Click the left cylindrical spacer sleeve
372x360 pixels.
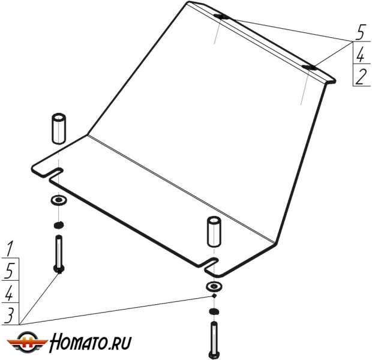[x=59, y=128]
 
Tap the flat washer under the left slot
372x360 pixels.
[x=59, y=200]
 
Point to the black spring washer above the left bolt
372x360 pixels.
[x=59, y=225]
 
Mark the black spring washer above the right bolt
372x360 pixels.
[x=214, y=312]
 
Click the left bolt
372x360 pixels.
[x=59, y=255]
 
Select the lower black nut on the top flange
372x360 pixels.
[x=309, y=66]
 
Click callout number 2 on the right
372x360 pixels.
[x=361, y=77]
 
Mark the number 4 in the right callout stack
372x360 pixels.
[x=361, y=55]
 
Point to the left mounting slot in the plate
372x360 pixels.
[x=53, y=173]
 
